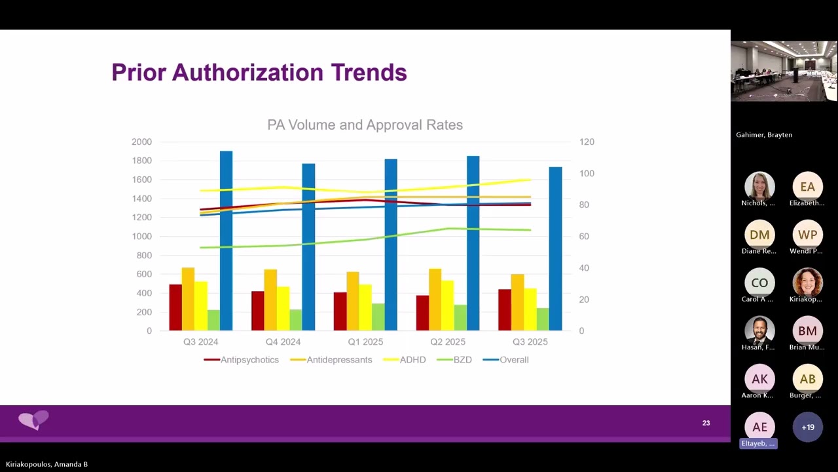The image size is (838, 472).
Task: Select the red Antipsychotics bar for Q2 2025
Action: (x=422, y=313)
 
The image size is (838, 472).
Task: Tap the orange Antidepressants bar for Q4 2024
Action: (x=270, y=300)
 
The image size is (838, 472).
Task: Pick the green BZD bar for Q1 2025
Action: (x=378, y=317)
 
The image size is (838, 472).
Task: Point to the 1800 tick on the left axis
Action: (x=141, y=161)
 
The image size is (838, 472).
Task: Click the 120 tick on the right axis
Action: (x=587, y=142)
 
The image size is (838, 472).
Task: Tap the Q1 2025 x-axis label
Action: (x=365, y=342)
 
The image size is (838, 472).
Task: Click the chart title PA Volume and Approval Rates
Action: (x=365, y=125)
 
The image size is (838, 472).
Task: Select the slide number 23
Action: (x=706, y=423)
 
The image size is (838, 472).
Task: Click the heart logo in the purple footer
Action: (x=34, y=420)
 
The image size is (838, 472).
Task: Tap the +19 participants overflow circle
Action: (x=807, y=427)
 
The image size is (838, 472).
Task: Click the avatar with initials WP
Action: (x=807, y=235)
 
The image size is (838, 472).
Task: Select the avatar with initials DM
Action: (x=759, y=235)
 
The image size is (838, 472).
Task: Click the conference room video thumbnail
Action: (x=784, y=71)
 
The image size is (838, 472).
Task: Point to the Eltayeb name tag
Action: (x=758, y=444)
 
